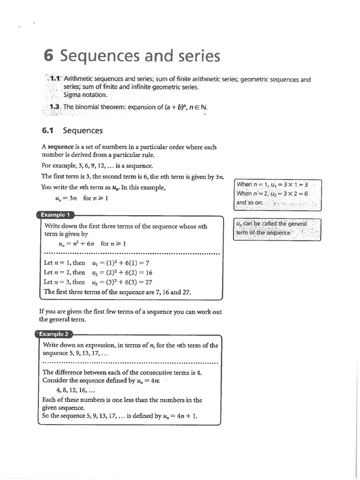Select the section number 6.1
click(49, 131)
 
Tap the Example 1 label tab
click(55, 215)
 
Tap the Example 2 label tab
click(54, 334)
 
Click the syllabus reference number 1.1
click(55, 79)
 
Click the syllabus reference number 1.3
click(55, 107)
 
